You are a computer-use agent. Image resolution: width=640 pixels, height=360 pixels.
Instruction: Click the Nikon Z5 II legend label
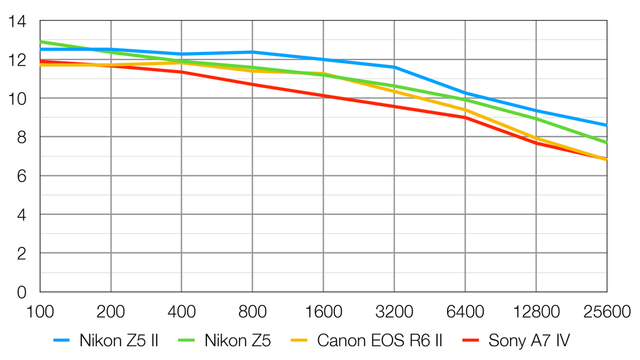[x=118, y=341]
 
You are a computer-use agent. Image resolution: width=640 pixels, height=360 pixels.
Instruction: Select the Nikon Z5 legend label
[x=237, y=341]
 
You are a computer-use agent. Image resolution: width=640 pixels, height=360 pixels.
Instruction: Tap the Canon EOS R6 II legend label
[x=380, y=341]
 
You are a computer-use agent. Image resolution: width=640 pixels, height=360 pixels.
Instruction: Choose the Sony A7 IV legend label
[x=529, y=341]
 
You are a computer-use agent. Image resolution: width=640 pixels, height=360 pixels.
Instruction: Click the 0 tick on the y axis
[x=22, y=292]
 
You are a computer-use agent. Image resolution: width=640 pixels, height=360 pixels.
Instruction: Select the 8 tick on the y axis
[x=22, y=137]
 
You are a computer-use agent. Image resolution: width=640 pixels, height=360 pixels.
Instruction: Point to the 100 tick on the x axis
[x=40, y=311]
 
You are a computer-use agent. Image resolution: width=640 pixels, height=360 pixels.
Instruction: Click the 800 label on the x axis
[x=252, y=311]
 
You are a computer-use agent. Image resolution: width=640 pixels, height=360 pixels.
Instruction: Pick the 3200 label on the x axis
[x=394, y=311]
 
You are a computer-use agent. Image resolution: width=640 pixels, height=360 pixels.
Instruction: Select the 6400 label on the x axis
[x=465, y=311]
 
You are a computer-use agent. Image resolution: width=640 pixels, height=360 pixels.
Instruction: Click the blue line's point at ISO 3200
[x=394, y=67]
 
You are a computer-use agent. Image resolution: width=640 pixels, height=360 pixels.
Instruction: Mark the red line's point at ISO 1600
[x=323, y=96]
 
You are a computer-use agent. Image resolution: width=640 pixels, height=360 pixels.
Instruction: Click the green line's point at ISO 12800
[x=536, y=119]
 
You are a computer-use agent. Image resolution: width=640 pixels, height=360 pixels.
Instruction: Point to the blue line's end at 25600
[x=606, y=125]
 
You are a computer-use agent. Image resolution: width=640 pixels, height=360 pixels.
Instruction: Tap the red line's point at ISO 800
[x=252, y=84]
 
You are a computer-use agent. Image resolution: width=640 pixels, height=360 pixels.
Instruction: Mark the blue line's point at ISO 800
[x=252, y=52]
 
